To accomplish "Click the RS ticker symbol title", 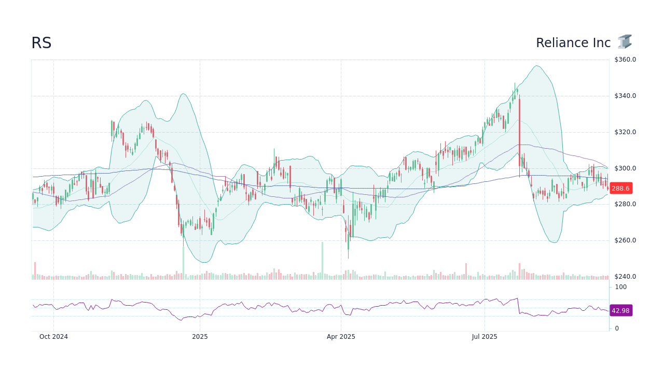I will (41, 43).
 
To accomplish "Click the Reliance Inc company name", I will (573, 43).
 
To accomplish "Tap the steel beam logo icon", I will (625, 42).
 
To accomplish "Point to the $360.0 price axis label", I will (625, 60).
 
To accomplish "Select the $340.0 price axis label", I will (625, 96).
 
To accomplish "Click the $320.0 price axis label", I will (625, 132).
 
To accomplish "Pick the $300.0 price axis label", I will (625, 168).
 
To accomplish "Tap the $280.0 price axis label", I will (625, 204).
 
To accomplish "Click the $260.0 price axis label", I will (625, 240).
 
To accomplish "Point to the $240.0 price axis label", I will (625, 277).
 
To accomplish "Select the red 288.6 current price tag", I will (620, 189).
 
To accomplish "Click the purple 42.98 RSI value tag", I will (620, 311).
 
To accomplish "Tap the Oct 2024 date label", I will (53, 337).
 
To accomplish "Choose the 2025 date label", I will (200, 337).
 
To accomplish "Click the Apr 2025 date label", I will (341, 337).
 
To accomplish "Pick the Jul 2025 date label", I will (485, 337).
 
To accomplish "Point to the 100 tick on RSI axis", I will (621, 287).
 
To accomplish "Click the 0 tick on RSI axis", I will (617, 328).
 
